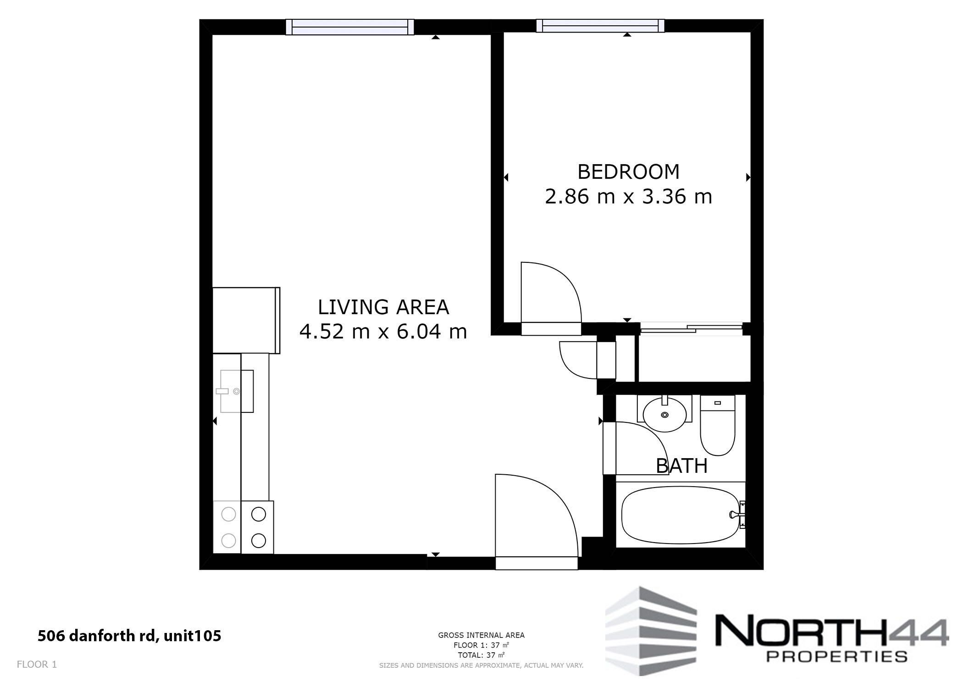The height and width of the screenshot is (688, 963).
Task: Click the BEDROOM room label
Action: [x=628, y=172]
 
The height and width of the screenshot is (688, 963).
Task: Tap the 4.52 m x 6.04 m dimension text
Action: [x=383, y=331]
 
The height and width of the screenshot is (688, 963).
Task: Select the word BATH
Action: [x=681, y=466]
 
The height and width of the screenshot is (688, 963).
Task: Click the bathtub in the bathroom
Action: [x=679, y=515]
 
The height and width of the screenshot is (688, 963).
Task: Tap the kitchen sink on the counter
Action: [x=237, y=391]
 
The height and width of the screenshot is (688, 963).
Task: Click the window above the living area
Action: [x=350, y=27]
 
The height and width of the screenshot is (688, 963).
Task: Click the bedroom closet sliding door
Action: [x=692, y=328]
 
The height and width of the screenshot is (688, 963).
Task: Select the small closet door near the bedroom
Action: [x=578, y=360]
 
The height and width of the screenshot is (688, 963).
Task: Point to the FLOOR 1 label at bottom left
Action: [x=37, y=664]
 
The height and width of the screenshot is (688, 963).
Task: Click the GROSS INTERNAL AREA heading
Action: [x=481, y=635]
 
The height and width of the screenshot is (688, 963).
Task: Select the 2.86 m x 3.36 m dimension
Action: [x=628, y=197]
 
